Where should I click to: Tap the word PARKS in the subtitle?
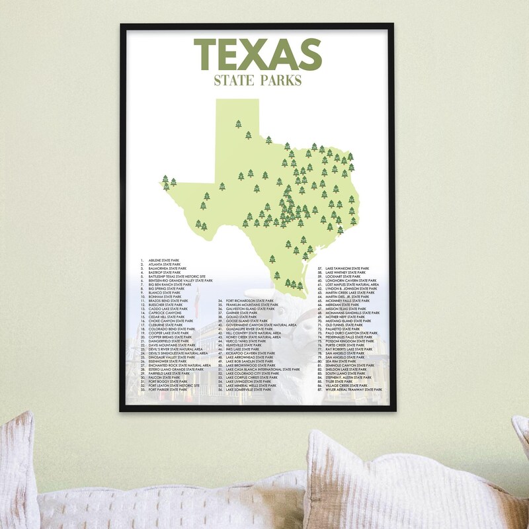279,81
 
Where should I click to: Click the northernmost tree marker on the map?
238,124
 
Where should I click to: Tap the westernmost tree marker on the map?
165,179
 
